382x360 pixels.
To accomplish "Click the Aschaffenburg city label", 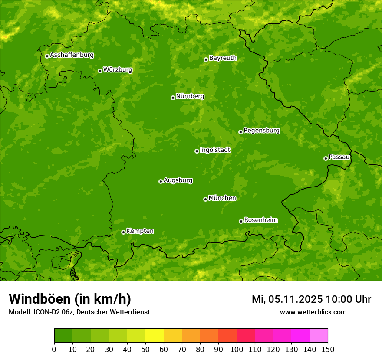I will (72, 55).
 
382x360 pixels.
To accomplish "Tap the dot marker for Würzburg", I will (100, 71).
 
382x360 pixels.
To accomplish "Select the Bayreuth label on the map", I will (223, 58).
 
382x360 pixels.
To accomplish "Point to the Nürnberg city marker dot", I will (173, 98).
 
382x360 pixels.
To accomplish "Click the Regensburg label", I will (261, 131).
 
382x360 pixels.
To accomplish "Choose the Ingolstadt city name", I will (215, 150).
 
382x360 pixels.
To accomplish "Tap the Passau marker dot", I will (326, 158).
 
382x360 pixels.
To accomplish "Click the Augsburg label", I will (178, 180).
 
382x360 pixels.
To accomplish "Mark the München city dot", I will (205, 199).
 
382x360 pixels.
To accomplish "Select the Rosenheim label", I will (260, 220).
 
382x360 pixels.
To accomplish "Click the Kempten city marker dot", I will (123, 232).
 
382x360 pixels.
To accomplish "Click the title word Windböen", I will (40, 299).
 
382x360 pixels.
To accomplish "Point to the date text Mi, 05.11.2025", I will (287, 299).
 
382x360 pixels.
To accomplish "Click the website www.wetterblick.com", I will (313, 312).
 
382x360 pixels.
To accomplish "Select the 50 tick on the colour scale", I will (145, 349).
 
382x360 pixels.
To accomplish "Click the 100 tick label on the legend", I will (237, 349).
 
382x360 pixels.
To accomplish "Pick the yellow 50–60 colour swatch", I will (155, 336).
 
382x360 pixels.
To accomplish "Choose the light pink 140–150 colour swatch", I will (319, 336).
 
